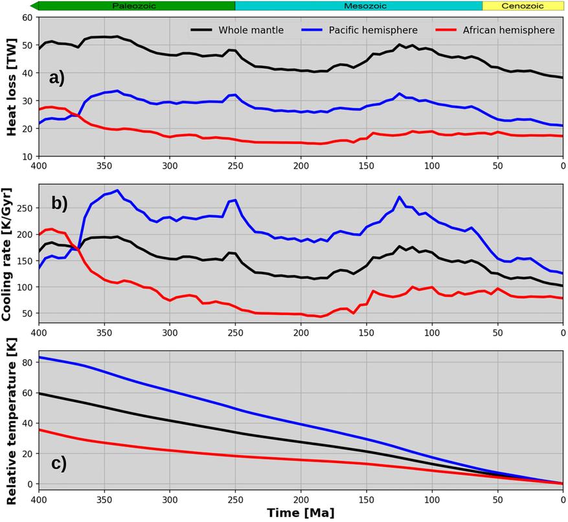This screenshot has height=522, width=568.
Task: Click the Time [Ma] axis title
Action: (x=301, y=513)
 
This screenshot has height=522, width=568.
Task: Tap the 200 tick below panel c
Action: (x=301, y=498)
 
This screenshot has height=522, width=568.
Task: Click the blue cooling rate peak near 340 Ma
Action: (x=117, y=190)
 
